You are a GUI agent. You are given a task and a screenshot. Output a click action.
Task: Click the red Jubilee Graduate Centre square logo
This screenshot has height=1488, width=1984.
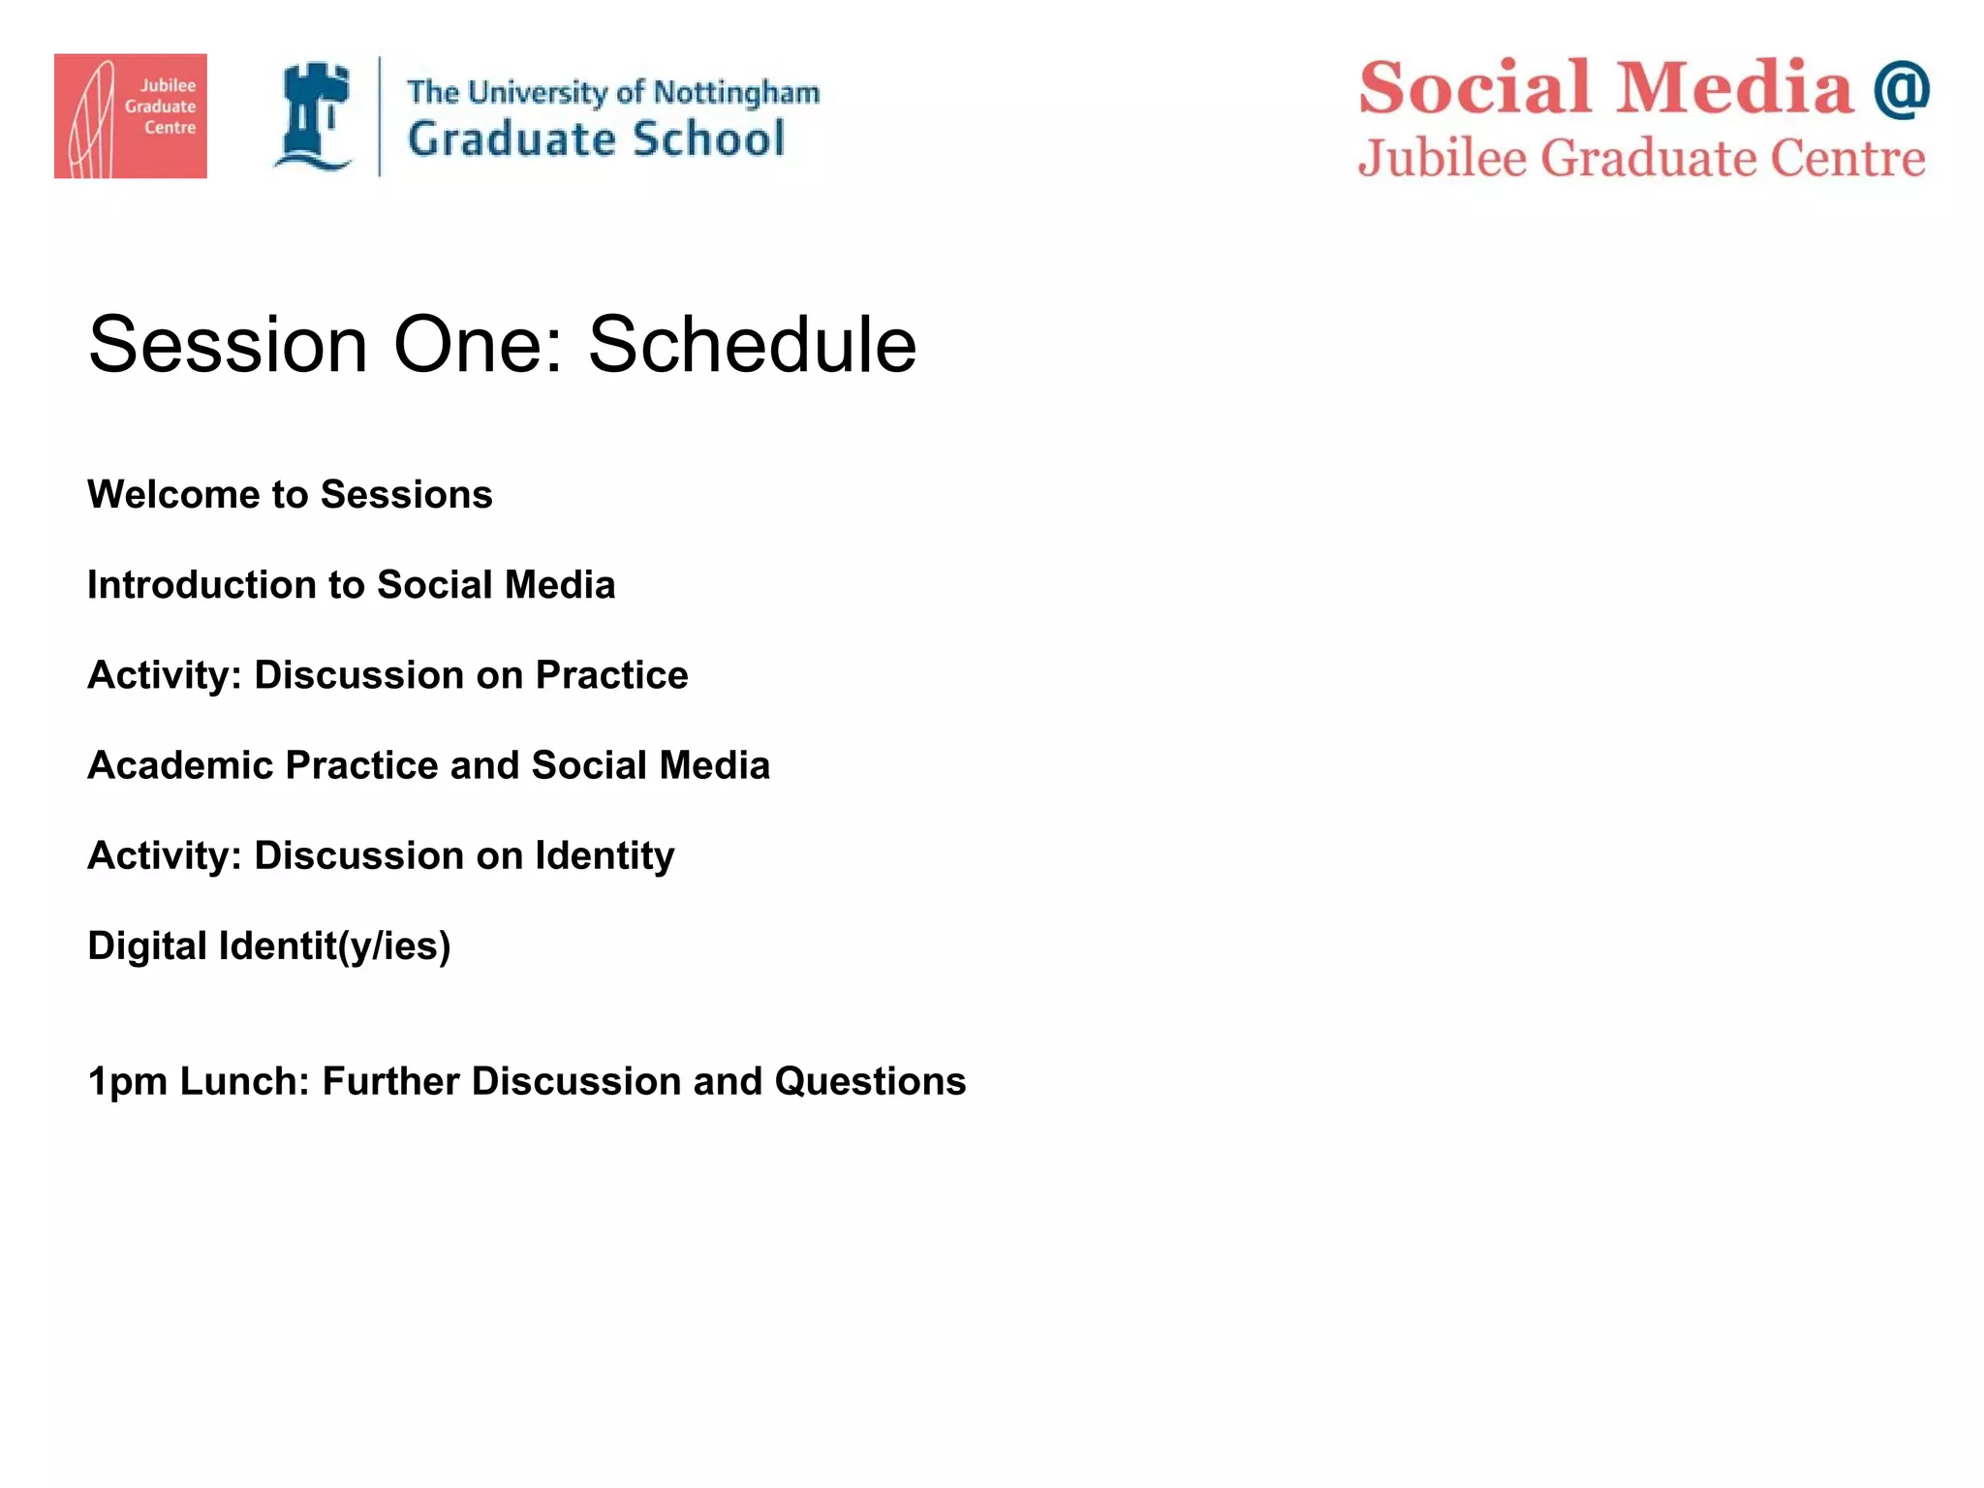[130, 115]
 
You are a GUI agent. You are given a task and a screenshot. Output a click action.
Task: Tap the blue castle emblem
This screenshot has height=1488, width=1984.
[314, 115]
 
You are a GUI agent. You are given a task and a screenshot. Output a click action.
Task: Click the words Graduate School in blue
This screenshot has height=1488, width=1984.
[596, 139]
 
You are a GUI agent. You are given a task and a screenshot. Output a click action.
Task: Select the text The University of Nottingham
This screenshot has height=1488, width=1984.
[612, 92]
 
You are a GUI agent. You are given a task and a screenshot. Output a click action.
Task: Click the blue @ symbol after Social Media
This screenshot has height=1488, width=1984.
[1901, 88]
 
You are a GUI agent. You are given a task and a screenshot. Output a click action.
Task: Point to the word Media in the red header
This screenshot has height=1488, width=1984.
[1734, 87]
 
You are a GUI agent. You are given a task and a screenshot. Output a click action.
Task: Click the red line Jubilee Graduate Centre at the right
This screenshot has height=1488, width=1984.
[1641, 158]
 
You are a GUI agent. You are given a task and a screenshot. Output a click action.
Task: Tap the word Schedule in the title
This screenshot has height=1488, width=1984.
[752, 344]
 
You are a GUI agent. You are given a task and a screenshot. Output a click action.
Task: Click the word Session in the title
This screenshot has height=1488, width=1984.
[228, 344]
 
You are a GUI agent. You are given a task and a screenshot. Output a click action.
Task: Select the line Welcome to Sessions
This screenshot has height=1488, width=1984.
[290, 494]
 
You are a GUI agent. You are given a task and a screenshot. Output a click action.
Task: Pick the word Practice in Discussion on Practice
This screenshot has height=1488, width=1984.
[611, 675]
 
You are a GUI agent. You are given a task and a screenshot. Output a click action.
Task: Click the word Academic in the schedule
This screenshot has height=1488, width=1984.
[180, 765]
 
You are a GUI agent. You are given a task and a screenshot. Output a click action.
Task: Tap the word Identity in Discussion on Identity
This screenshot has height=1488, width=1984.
[604, 855]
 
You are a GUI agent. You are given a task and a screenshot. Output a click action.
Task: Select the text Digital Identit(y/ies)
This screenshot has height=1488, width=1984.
[268, 945]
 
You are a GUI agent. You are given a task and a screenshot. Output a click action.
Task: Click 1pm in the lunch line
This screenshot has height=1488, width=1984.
[126, 1082]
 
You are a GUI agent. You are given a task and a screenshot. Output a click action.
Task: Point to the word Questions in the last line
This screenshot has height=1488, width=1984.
[870, 1081]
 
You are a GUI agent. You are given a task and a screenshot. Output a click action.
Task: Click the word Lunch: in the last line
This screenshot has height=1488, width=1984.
[244, 1081]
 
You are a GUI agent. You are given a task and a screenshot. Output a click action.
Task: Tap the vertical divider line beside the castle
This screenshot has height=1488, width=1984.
[379, 116]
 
